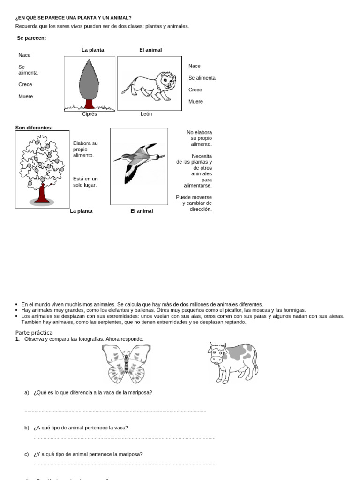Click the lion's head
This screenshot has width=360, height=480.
(167, 82)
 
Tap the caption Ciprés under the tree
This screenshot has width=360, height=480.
(89, 114)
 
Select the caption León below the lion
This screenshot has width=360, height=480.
(146, 114)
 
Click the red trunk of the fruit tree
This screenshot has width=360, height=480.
(43, 193)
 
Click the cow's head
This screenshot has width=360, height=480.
(217, 353)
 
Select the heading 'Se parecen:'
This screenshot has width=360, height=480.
(31, 38)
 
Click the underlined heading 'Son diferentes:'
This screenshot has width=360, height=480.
(34, 127)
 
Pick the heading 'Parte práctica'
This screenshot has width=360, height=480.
(34, 332)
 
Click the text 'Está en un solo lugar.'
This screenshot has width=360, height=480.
(85, 182)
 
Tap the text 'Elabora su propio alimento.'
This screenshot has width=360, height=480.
(85, 149)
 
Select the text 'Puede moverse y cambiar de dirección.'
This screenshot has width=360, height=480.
(194, 203)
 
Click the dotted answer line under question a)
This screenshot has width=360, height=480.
(115, 411)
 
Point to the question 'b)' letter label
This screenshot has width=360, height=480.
(27, 427)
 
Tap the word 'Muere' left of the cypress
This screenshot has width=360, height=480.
(26, 96)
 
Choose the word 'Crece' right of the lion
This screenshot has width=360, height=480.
(195, 90)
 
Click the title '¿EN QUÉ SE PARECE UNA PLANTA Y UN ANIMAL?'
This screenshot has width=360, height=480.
(74, 18)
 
